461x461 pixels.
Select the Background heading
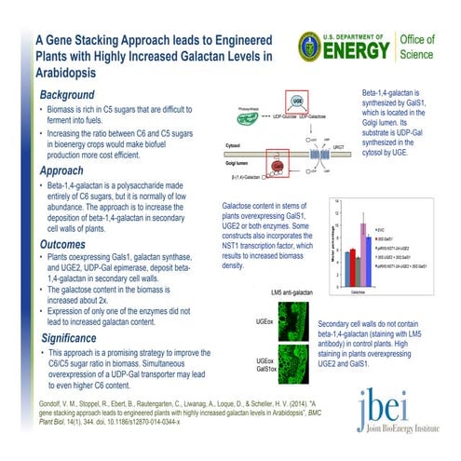click(71, 96)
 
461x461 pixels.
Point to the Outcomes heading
click(69, 245)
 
